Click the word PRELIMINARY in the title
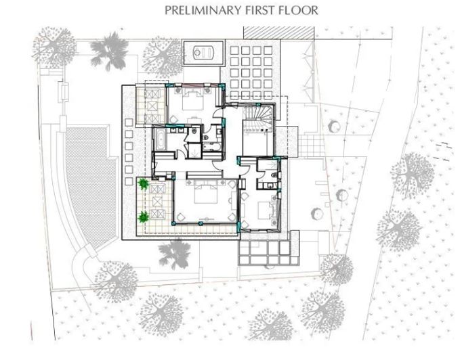(204, 10)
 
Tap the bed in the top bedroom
(193, 99)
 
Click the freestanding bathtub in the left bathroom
(161, 139)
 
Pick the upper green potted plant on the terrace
(144, 184)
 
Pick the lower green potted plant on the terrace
(144, 217)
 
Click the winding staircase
(258, 117)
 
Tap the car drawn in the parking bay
(203, 53)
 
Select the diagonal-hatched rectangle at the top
(278, 32)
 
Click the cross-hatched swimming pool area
(89, 185)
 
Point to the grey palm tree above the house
(109, 51)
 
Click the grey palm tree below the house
(174, 254)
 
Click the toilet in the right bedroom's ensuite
(274, 175)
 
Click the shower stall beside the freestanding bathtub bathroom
(194, 150)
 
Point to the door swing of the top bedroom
(217, 113)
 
